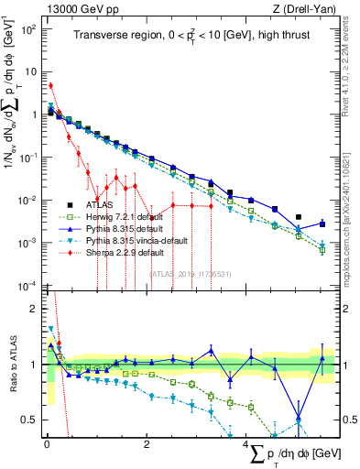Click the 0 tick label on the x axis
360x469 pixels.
(x=47, y=443)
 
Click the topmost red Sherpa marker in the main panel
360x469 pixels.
(x=51, y=86)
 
